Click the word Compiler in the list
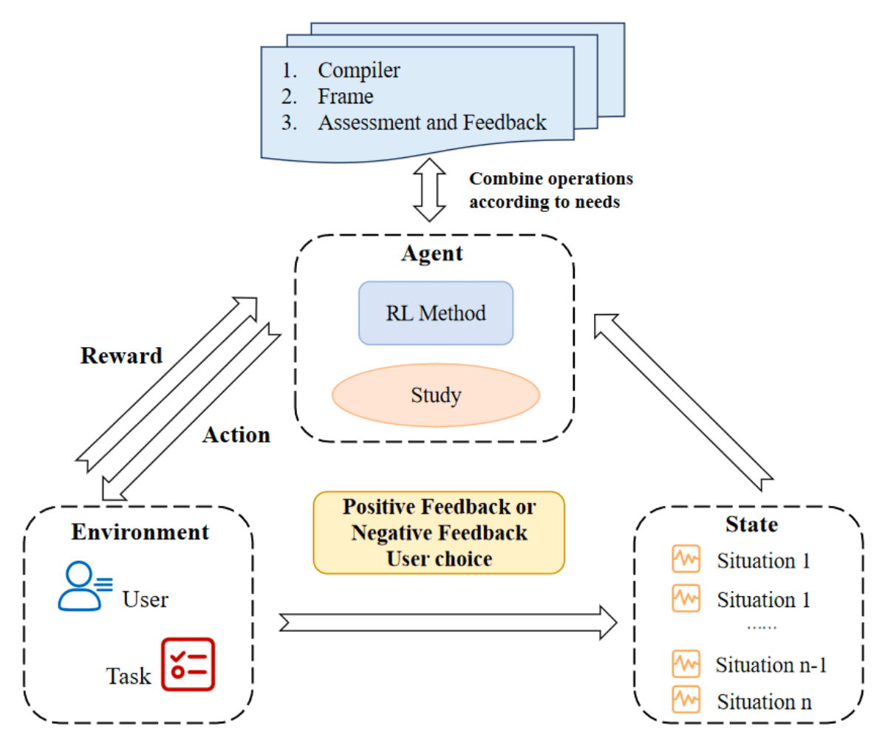pyautogui.click(x=358, y=70)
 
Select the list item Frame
pyautogui.click(x=345, y=96)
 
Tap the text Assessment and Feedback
pyautogui.click(x=432, y=122)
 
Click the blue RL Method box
pyautogui.click(x=436, y=313)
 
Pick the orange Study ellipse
pyautogui.click(x=436, y=395)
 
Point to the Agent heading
pyautogui.click(x=432, y=253)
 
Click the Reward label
pyautogui.click(x=121, y=356)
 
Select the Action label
pyautogui.click(x=236, y=435)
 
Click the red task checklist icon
pyautogui.click(x=188, y=664)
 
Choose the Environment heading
pyautogui.click(x=140, y=533)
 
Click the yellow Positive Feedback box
pyautogui.click(x=439, y=533)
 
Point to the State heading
pyautogui.click(x=751, y=524)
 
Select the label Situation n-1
pyautogui.click(x=771, y=665)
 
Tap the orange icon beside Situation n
pyautogui.click(x=686, y=699)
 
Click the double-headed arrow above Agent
pyautogui.click(x=429, y=190)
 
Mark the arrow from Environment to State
pyautogui.click(x=448, y=622)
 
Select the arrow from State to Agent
pyautogui.click(x=683, y=403)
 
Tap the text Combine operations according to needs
pyautogui.click(x=550, y=191)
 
